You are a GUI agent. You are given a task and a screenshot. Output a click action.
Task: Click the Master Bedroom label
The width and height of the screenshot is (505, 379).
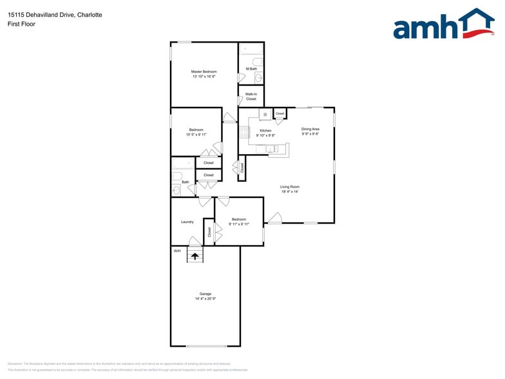204,72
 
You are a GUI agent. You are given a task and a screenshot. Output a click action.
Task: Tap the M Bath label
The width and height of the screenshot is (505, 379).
251,69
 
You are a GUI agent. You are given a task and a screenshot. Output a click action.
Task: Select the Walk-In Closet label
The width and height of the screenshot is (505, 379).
251,97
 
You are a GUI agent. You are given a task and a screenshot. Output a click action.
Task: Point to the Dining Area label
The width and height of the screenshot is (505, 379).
310,129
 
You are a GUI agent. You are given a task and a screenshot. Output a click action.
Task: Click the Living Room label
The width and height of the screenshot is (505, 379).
291,187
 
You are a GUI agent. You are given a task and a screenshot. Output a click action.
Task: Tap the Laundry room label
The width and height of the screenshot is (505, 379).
187,222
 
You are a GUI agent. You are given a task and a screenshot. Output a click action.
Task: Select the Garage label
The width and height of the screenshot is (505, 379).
205,294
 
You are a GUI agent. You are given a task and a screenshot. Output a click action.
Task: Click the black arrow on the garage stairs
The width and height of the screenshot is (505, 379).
195,256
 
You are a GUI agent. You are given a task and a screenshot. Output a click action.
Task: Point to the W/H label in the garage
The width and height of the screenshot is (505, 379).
177,250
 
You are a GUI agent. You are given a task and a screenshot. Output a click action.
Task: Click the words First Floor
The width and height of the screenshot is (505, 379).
22,24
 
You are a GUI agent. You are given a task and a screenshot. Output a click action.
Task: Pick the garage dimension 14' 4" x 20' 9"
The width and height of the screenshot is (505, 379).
205,299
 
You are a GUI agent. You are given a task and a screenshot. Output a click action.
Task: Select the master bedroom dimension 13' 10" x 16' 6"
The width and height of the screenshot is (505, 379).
204,77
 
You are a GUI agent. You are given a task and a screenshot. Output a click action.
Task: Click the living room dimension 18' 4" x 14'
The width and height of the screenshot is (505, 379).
291,192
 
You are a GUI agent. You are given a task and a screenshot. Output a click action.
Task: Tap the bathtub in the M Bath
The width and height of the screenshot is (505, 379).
251,50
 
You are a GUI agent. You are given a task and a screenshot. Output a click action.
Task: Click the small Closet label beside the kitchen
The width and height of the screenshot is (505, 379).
280,113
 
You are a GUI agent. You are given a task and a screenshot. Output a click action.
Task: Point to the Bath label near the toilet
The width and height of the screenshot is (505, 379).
185,182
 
